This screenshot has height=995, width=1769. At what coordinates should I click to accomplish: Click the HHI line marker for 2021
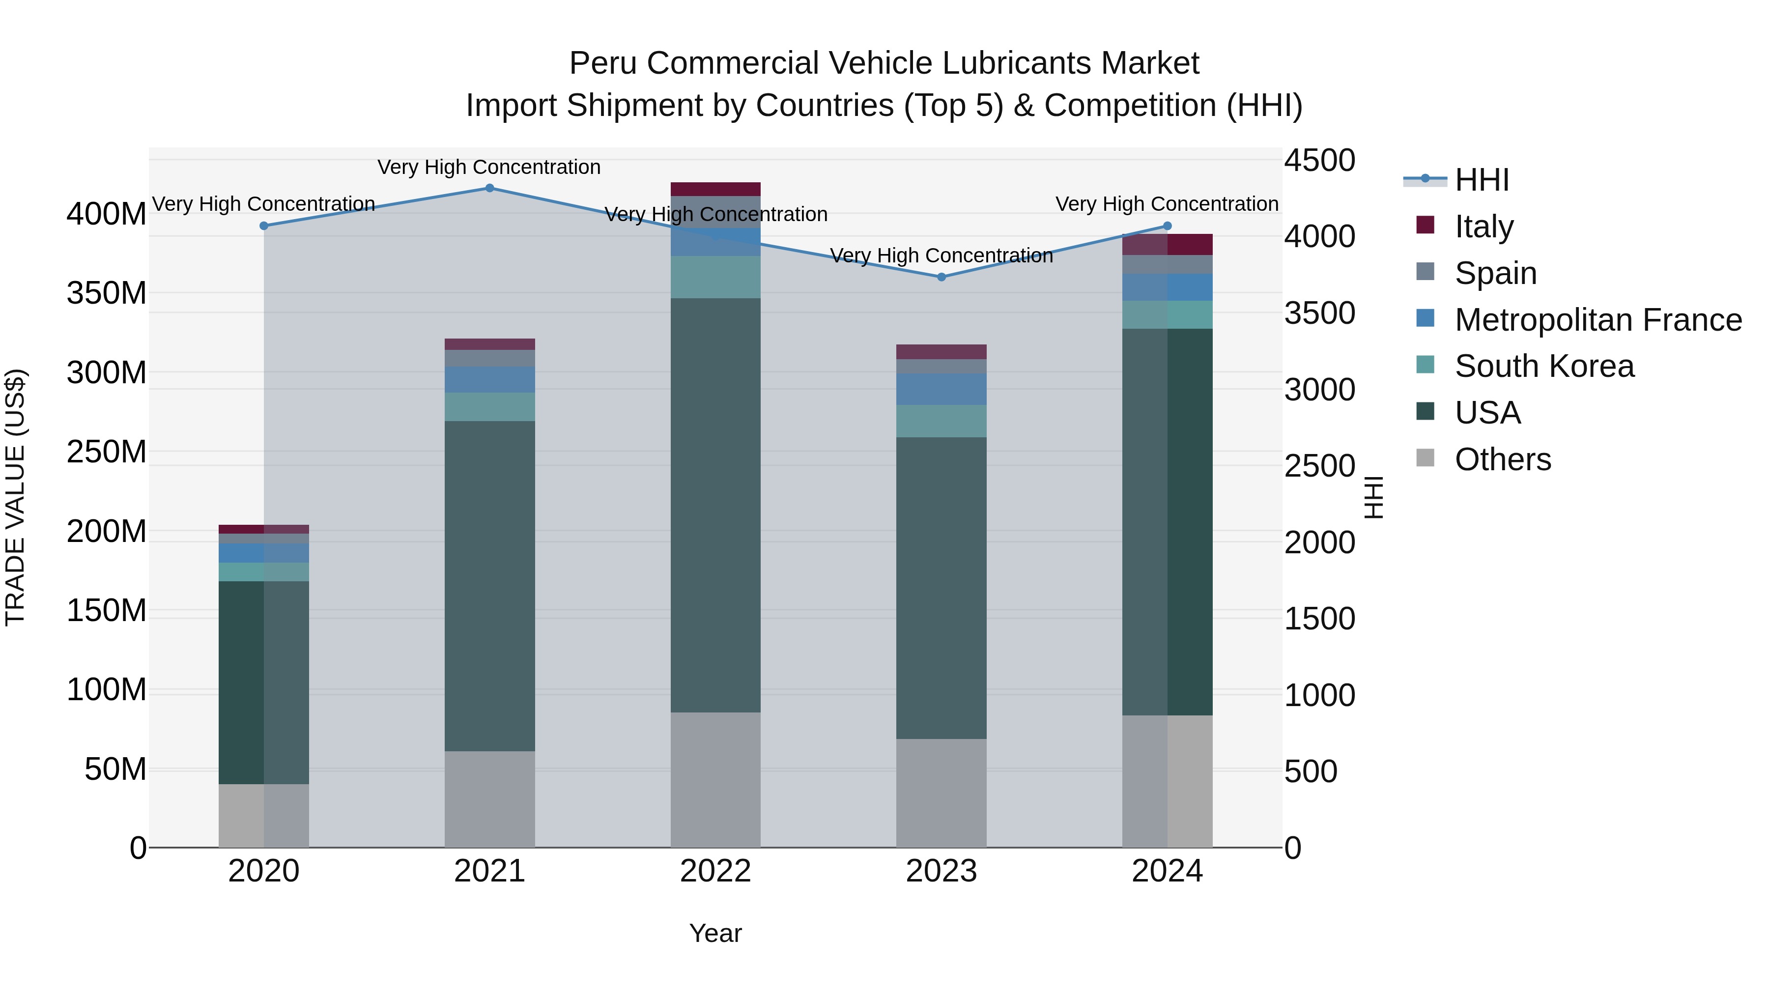pos(489,188)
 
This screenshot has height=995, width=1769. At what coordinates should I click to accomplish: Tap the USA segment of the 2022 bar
pos(715,505)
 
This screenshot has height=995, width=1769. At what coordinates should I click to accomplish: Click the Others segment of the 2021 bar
pos(489,798)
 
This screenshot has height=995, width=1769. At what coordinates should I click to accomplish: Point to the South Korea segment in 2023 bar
pos(942,421)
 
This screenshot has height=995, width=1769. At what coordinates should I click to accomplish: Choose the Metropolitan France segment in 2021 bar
pos(489,380)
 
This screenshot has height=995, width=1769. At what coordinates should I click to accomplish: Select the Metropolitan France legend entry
pos(1598,320)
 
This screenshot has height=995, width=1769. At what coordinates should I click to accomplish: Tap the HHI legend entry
pos(1481,180)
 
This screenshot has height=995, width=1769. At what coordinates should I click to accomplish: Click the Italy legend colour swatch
pos(1426,225)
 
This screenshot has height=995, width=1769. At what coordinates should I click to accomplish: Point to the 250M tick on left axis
pos(107,453)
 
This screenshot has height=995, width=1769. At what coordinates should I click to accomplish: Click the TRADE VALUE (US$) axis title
pos(15,497)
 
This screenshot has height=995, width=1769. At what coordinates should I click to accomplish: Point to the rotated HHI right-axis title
pos(1373,497)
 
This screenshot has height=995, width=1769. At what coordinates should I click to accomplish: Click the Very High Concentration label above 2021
pos(489,168)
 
